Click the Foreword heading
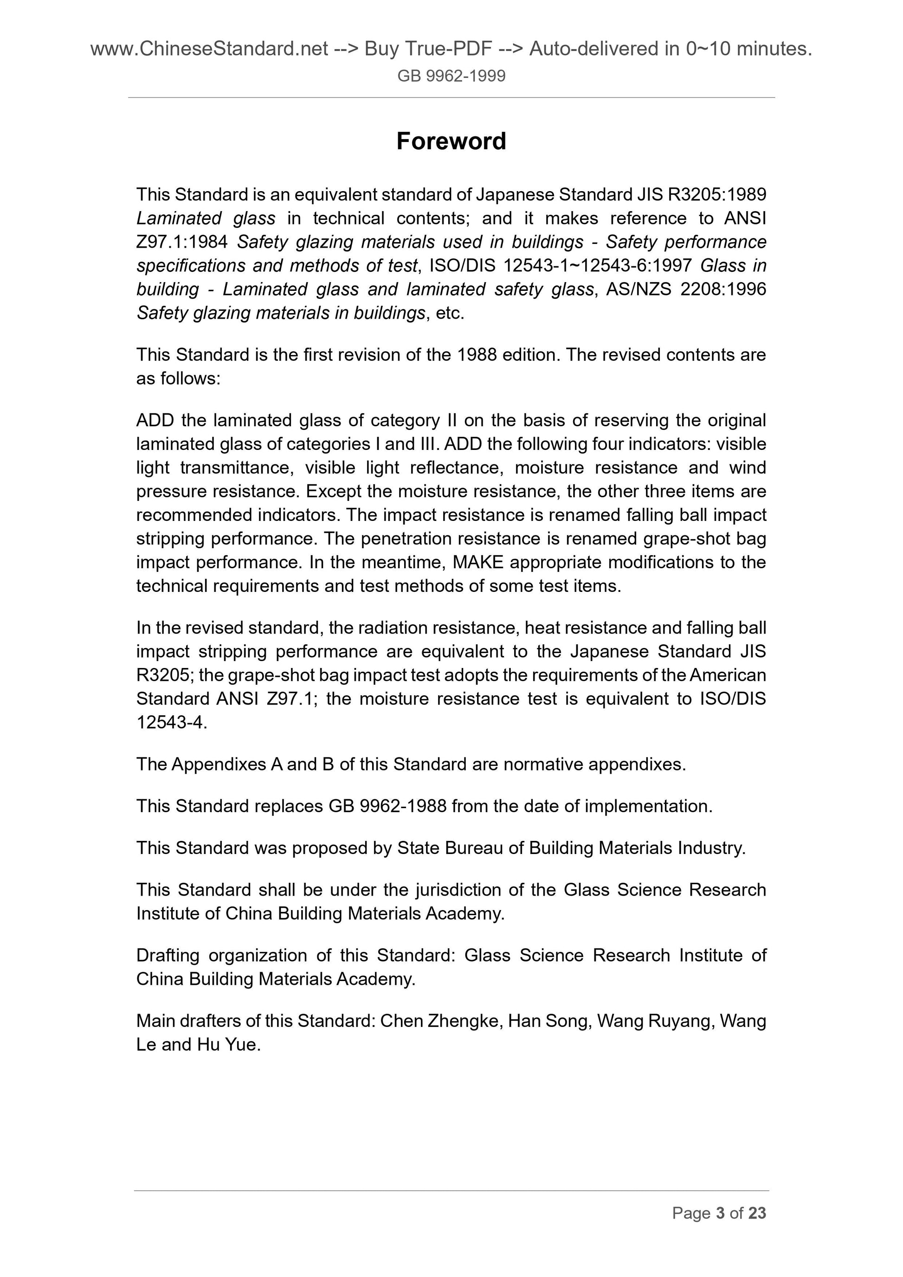pyautogui.click(x=451, y=141)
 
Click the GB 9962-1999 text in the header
pyautogui.click(x=451, y=76)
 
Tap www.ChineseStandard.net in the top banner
pyautogui.click(x=209, y=50)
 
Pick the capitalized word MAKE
pyautogui.click(x=478, y=562)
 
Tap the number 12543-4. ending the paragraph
pyautogui.click(x=172, y=723)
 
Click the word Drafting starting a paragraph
pyautogui.click(x=166, y=956)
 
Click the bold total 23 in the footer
pyautogui.click(x=757, y=1213)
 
